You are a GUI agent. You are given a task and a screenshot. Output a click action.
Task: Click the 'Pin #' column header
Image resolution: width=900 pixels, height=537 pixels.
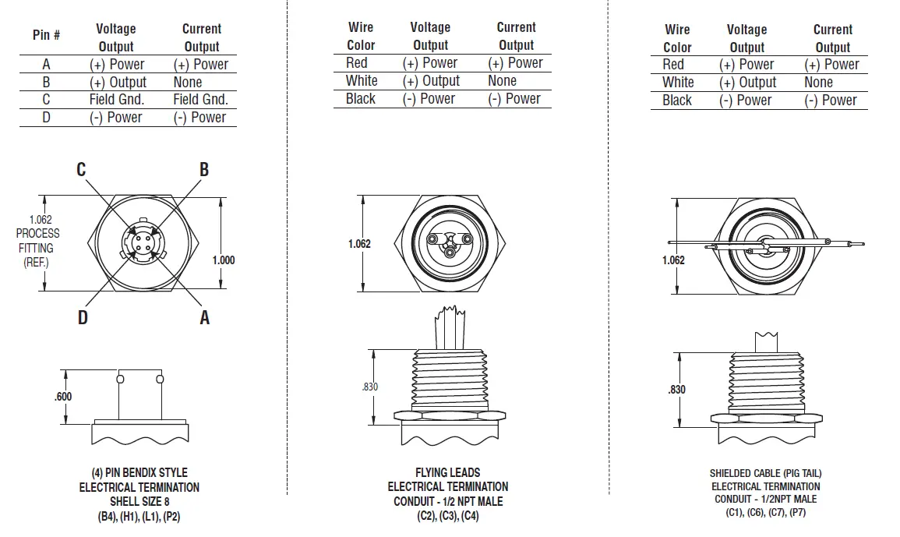tap(46, 35)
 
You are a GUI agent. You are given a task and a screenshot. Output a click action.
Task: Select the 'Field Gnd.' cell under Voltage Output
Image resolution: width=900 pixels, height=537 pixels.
tap(116, 100)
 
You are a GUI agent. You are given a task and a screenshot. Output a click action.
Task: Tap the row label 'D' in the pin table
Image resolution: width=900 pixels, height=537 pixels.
tap(46, 118)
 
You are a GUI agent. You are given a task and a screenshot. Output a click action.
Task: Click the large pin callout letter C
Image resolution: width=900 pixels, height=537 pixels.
tap(81, 169)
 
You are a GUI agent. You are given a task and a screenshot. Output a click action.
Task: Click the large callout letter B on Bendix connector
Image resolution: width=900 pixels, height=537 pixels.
tap(204, 169)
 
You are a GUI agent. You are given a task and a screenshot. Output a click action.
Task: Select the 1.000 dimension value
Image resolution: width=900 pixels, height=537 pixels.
tap(224, 260)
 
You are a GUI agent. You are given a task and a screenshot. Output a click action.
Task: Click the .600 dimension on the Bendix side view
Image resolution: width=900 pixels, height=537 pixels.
tap(63, 396)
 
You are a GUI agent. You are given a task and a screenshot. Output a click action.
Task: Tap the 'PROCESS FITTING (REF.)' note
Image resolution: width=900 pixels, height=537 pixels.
tap(37, 241)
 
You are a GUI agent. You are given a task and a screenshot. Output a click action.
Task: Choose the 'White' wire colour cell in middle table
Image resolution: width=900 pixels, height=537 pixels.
tap(362, 81)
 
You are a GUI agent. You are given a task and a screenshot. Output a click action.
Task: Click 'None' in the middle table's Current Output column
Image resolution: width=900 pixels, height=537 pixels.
tap(502, 81)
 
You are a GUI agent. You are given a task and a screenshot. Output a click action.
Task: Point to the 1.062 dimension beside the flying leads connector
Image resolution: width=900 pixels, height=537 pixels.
tap(359, 244)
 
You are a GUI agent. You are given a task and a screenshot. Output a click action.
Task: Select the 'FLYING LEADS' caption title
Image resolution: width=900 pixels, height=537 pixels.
tap(447, 472)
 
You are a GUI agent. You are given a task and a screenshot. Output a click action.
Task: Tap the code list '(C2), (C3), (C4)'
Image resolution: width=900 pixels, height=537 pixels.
tap(447, 516)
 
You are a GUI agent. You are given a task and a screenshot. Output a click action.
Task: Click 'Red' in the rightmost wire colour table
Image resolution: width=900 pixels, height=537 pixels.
tap(673, 65)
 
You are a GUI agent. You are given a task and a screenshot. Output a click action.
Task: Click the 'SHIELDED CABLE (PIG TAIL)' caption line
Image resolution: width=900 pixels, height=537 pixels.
tap(765, 473)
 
